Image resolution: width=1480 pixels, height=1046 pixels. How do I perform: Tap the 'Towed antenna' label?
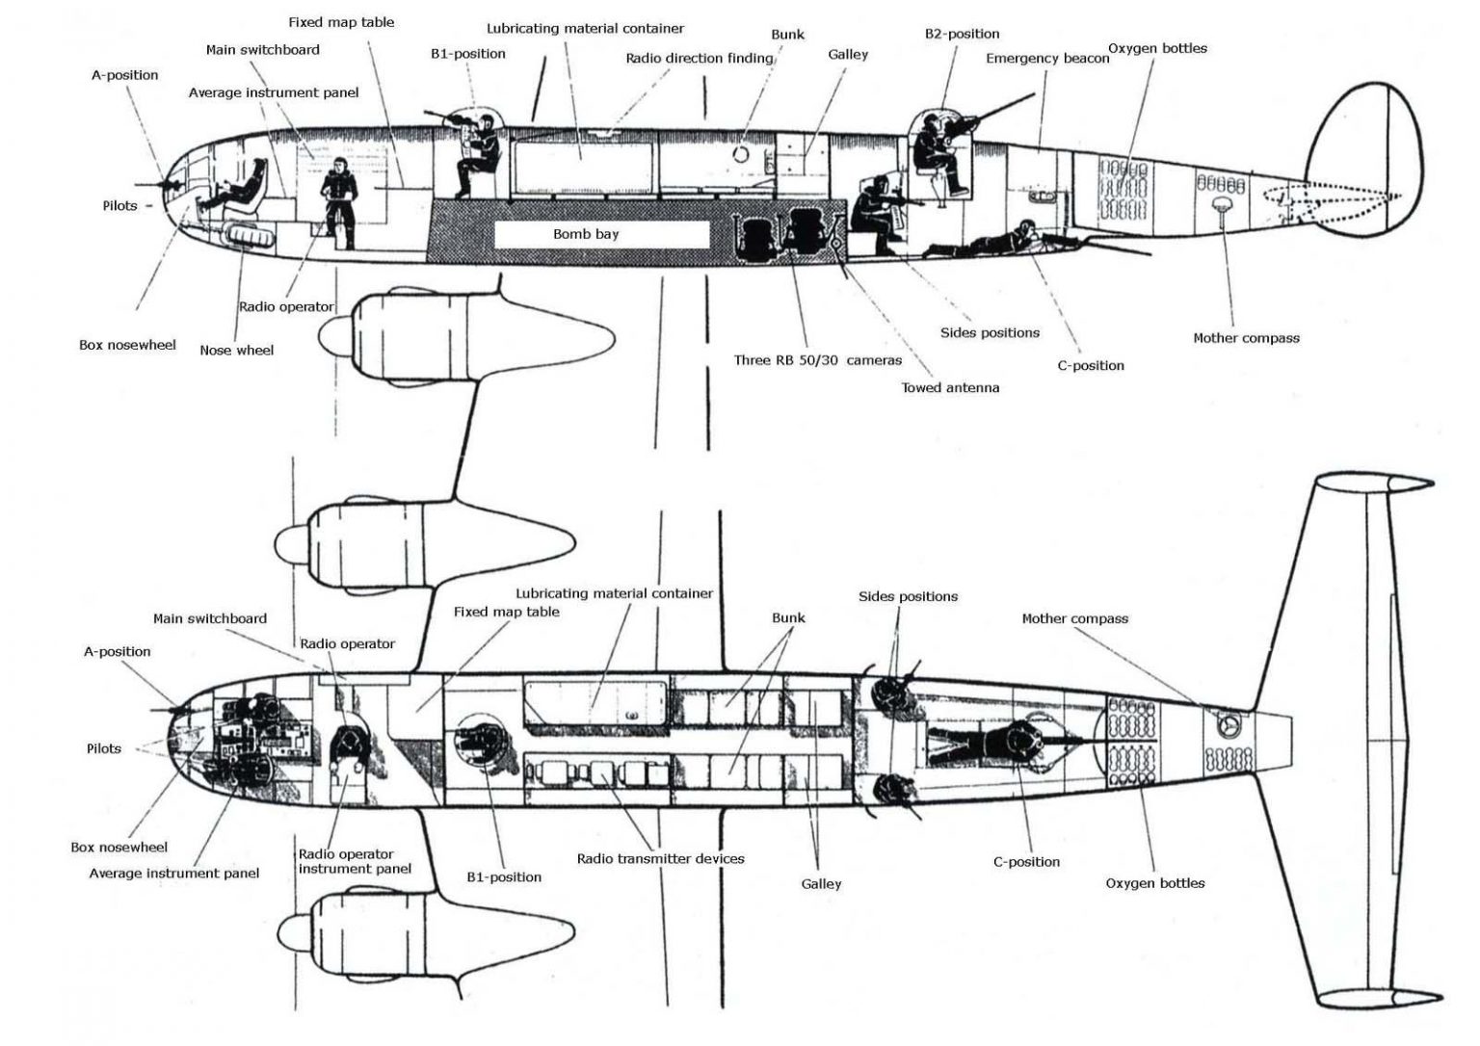tap(950, 388)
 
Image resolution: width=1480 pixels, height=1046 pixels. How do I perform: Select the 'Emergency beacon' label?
tap(1046, 59)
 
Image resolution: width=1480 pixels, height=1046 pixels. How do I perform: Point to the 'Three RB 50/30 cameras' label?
tap(817, 360)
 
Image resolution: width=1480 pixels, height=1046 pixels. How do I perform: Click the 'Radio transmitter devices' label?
tap(660, 858)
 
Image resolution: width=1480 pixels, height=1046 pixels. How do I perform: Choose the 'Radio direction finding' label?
tap(699, 59)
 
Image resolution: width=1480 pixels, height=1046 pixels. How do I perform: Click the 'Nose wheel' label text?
tap(236, 351)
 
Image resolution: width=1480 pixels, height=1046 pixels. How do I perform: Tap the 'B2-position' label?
tap(962, 34)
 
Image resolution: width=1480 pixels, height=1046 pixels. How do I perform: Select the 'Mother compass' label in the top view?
tap(1074, 618)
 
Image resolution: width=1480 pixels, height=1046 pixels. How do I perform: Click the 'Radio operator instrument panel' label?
tap(354, 861)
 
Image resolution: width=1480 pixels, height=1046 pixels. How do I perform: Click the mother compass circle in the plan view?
tap(1228, 723)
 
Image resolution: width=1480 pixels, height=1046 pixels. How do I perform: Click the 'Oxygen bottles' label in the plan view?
tap(1154, 883)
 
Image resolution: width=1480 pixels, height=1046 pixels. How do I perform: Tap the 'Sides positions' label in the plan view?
tap(908, 597)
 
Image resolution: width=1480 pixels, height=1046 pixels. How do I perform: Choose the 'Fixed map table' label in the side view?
tap(341, 22)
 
